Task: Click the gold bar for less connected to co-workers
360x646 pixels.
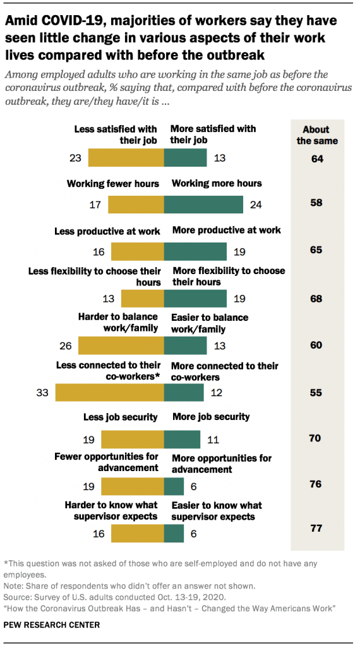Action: tap(110, 392)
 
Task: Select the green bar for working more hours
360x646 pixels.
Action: tap(203, 205)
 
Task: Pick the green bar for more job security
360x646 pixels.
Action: tap(182, 439)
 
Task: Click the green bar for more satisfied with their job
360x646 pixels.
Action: tap(186, 157)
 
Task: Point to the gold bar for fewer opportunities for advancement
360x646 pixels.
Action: tap(133, 486)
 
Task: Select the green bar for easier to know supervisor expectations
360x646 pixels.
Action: tap(174, 534)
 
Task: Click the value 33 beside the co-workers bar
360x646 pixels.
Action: tap(43, 392)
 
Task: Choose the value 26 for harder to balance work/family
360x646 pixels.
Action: tap(66, 345)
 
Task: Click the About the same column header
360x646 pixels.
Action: tap(317, 135)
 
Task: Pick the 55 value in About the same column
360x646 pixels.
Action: tap(316, 392)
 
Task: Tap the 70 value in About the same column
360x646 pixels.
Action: tap(316, 438)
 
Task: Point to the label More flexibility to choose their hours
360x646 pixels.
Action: tap(227, 276)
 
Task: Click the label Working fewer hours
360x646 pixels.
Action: tap(112, 183)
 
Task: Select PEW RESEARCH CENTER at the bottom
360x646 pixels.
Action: tap(52, 625)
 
